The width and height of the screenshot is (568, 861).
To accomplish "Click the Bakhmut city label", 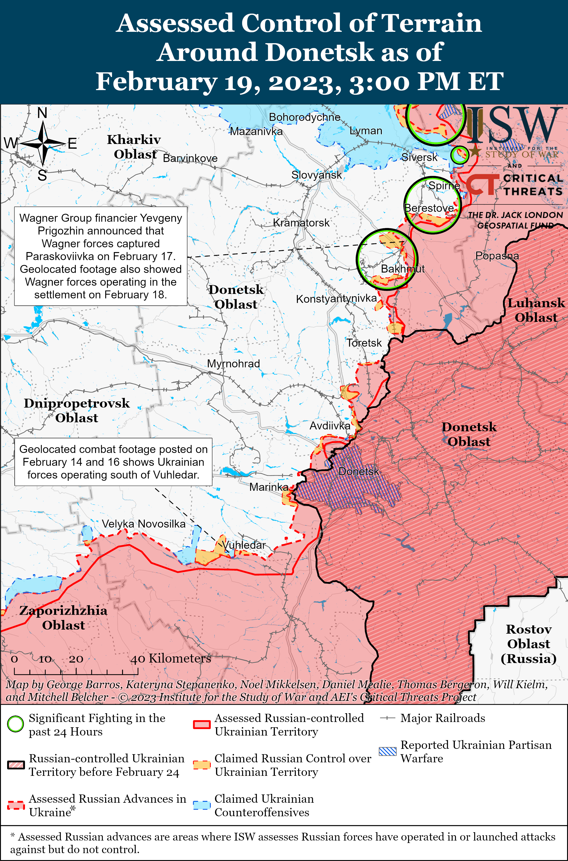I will pyautogui.click(x=403, y=269).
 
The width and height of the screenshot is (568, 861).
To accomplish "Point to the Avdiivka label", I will pyautogui.click(x=330, y=426).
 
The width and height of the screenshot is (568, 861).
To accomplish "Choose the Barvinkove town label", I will pyautogui.click(x=190, y=158).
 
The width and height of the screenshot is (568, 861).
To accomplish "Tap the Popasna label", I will pyautogui.click(x=497, y=256).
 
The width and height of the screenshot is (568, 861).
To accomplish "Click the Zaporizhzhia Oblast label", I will pyautogui.click(x=63, y=618).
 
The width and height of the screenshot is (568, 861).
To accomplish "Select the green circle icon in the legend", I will pyautogui.click(x=16, y=724).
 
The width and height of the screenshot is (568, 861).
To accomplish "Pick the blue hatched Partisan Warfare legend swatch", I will pyautogui.click(x=388, y=751).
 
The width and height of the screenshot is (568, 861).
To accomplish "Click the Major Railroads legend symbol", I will pyautogui.click(x=388, y=718).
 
